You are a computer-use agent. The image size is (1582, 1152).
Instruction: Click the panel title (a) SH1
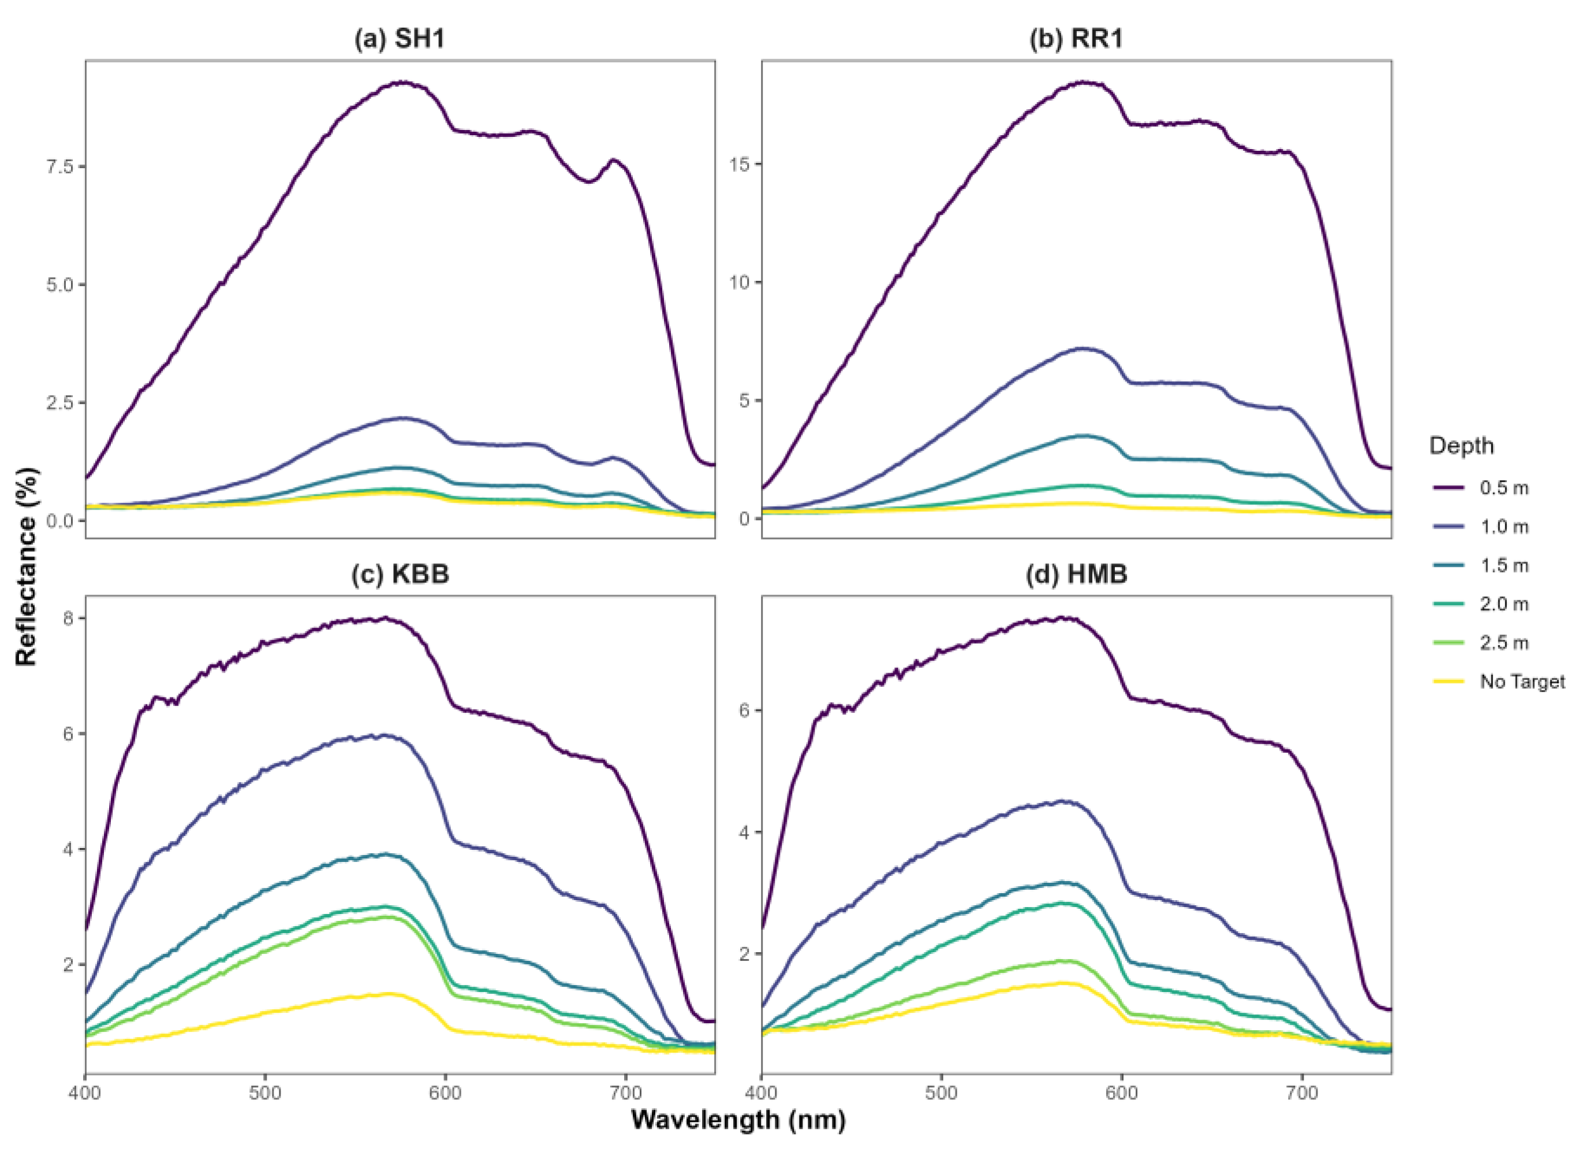[400, 39]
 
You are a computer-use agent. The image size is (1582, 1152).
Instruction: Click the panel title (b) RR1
[1076, 39]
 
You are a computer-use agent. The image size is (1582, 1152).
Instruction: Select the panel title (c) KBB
[400, 574]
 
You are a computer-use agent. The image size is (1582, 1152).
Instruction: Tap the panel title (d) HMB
[1076, 574]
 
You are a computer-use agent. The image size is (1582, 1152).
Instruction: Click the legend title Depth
[1461, 445]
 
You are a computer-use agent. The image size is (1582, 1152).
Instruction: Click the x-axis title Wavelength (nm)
[738, 1120]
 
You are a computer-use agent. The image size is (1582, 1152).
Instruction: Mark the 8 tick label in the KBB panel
[68, 618]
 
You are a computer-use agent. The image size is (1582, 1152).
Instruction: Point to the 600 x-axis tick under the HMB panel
[1122, 1092]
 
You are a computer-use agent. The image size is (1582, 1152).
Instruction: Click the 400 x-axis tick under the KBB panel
[85, 1092]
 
